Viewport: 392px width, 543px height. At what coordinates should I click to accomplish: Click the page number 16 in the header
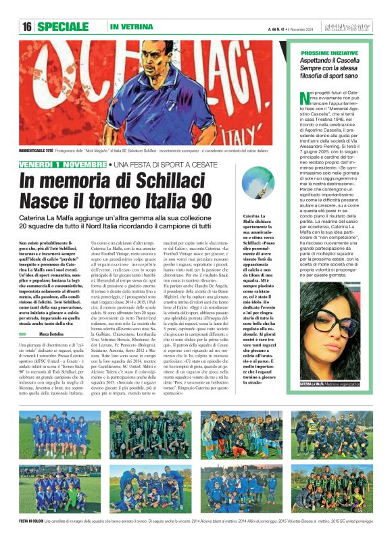(x=27, y=27)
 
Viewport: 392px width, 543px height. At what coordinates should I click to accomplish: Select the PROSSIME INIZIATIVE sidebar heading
(x=329, y=52)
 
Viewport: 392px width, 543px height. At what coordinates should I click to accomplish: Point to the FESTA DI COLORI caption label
(x=30, y=522)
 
